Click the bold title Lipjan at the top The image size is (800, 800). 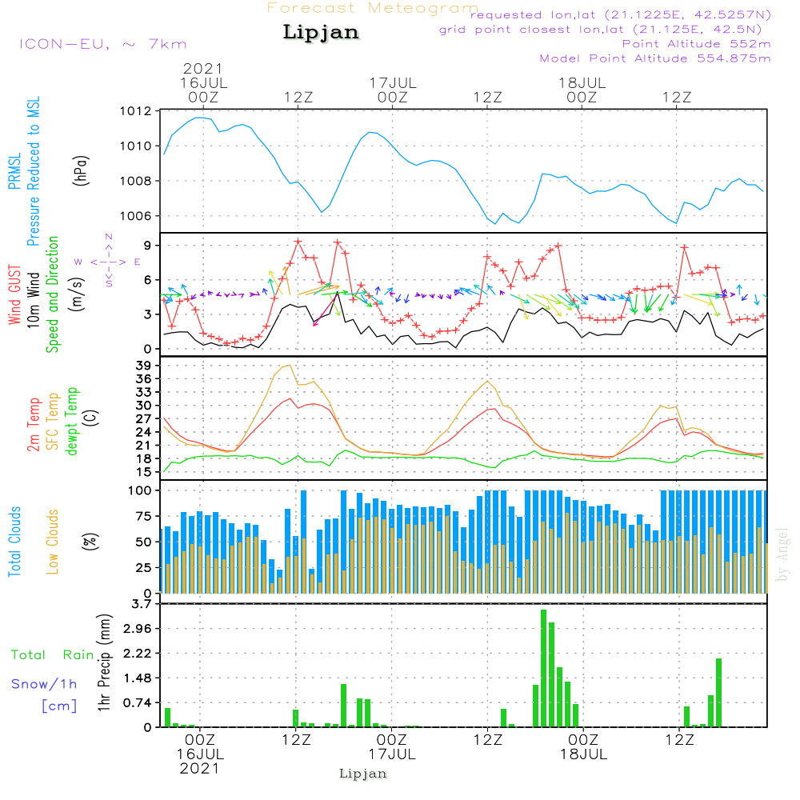pyautogui.click(x=321, y=33)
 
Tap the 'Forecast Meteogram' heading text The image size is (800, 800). pyautogui.click(x=373, y=8)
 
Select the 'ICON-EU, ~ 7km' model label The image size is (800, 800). pyautogui.click(x=102, y=43)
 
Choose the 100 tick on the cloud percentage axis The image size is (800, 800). pyautogui.click(x=141, y=490)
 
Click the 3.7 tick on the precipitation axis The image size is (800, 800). pyautogui.click(x=142, y=604)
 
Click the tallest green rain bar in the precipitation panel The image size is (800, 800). pyautogui.click(x=544, y=668)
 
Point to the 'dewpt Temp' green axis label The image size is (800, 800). pyautogui.click(x=72, y=422)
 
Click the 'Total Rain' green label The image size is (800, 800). pyautogui.click(x=52, y=654)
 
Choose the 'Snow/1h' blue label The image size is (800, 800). pyautogui.click(x=44, y=683)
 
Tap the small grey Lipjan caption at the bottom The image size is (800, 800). pyautogui.click(x=363, y=774)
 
